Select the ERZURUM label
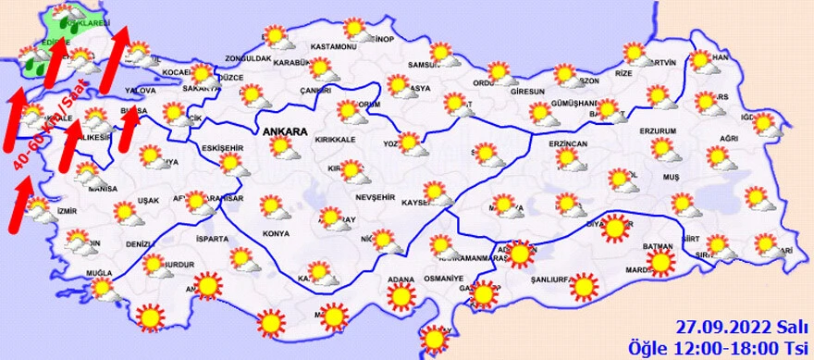pyautogui.click(x=660, y=130)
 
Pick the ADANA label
pyautogui.click(x=401, y=278)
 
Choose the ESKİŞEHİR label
pyautogui.click(x=222, y=148)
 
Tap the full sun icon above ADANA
pyautogui.click(x=401, y=296)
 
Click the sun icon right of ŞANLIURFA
pyautogui.click(x=584, y=288)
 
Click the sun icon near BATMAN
pyautogui.click(x=660, y=264)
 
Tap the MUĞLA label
pyautogui.click(x=98, y=273)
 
